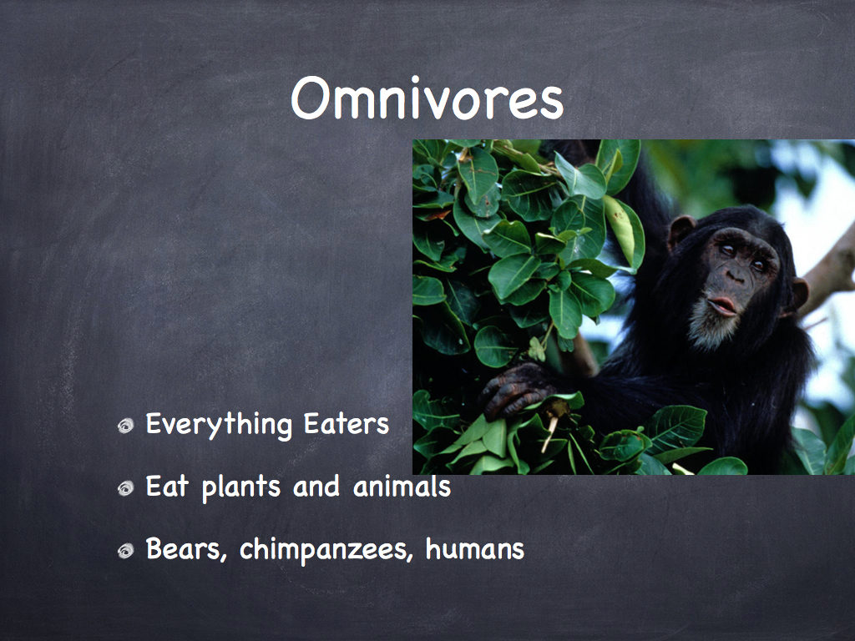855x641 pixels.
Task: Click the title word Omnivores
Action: pyautogui.click(x=427, y=98)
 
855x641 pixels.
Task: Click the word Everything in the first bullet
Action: pyautogui.click(x=220, y=426)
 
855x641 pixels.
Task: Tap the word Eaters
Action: pyautogui.click(x=347, y=424)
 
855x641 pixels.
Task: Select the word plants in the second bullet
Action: pyautogui.click(x=241, y=487)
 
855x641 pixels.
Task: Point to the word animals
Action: pyautogui.click(x=402, y=487)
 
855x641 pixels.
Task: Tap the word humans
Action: pyautogui.click(x=475, y=549)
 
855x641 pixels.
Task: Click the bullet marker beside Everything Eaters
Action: pyautogui.click(x=126, y=426)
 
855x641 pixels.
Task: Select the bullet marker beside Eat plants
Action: pyautogui.click(x=126, y=487)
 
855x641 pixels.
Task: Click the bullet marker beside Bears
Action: pyautogui.click(x=126, y=551)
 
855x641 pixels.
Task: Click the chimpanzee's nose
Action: pyautogui.click(x=736, y=276)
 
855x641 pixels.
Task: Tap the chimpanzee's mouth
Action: pyautogui.click(x=723, y=305)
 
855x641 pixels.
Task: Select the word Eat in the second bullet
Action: pyautogui.click(x=167, y=487)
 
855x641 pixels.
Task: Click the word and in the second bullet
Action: pyautogui.click(x=316, y=487)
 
